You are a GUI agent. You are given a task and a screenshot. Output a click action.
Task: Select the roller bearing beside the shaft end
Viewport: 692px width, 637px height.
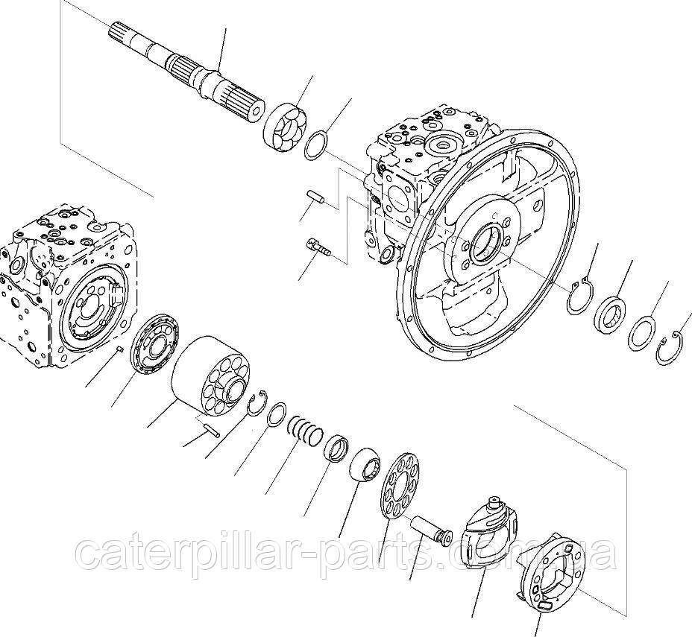(286, 126)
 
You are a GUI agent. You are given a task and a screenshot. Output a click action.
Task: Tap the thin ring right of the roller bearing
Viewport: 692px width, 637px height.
(317, 145)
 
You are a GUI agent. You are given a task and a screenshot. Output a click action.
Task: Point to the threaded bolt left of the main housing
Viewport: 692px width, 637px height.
(318, 247)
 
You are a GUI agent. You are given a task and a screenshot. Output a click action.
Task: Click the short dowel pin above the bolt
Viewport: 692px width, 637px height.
(315, 196)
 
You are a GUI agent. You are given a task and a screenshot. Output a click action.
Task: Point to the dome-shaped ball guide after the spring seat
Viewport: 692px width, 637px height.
(365, 466)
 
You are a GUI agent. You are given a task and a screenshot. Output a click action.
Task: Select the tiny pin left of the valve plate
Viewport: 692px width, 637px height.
(119, 349)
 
